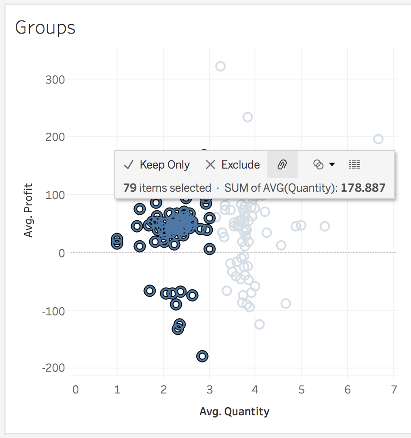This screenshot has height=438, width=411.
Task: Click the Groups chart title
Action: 45,28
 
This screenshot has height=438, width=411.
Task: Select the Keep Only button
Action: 157,164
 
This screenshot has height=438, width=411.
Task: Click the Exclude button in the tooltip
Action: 233,164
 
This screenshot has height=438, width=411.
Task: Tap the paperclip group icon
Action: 282,164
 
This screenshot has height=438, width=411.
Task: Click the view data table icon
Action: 355,164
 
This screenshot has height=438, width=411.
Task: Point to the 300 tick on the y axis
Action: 55,80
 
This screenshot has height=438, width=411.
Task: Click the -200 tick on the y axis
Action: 54,368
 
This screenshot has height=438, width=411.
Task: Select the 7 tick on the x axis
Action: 394,389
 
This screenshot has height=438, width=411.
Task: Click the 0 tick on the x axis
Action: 75,389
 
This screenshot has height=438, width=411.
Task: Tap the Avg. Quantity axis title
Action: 234,412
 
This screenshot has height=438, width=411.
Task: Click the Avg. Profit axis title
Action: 29,210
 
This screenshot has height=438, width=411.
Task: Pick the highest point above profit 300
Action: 220,66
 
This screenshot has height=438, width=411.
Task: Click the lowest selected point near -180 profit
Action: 202,356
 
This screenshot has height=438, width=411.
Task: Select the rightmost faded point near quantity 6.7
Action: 378,139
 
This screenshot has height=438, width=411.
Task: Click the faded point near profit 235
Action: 247,117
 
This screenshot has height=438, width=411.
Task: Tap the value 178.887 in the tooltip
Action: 363,188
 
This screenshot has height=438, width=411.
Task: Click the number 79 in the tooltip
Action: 130,188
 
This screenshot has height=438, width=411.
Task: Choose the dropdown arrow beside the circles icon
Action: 332,164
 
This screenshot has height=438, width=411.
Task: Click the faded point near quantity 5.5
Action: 325,226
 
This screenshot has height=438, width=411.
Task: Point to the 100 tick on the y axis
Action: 55,195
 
